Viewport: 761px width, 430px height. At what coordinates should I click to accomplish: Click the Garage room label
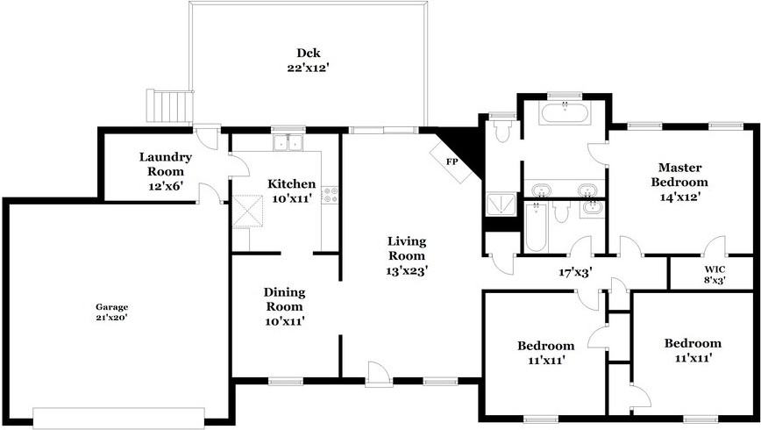click(x=112, y=306)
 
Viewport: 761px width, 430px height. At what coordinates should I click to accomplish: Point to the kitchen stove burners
click(x=331, y=194)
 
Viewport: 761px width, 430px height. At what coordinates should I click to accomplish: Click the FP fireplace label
click(x=452, y=161)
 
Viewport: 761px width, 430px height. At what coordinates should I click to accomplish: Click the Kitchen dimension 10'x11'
click(x=292, y=198)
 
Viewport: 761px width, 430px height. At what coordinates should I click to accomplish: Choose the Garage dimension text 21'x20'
click(x=112, y=317)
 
